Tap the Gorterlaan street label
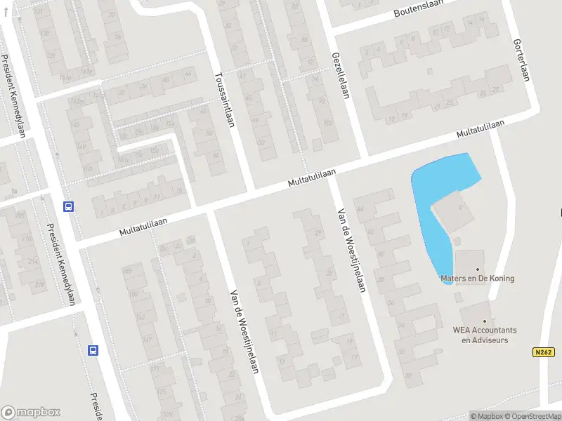(x=520, y=60)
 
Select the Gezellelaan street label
(x=340, y=74)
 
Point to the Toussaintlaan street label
(x=225, y=98)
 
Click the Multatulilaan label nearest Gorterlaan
(x=481, y=128)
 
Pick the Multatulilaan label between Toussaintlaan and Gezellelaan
(x=312, y=177)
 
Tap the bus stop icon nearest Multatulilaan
(x=69, y=206)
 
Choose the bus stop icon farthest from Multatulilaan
(x=93, y=350)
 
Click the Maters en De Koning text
(x=477, y=279)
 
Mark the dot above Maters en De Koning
(x=478, y=269)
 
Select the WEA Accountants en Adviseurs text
(x=485, y=335)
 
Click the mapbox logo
(x=31, y=413)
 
